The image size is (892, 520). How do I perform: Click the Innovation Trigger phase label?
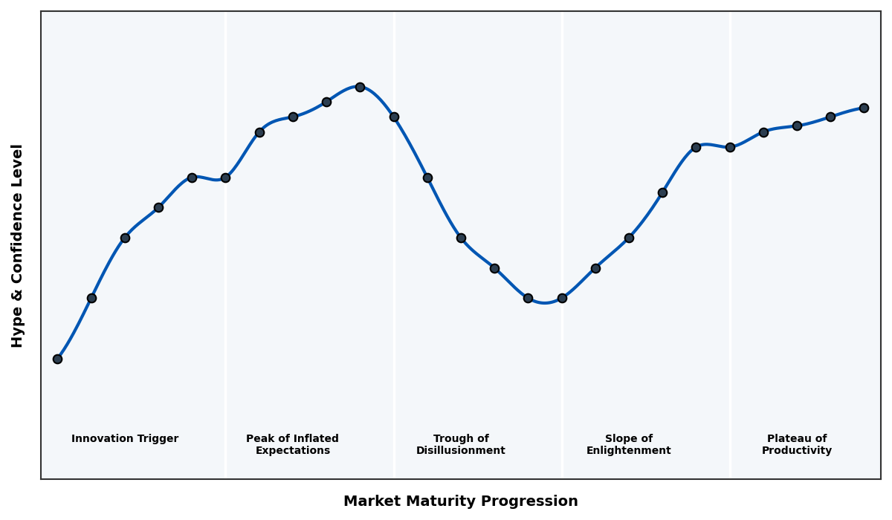pyautogui.click(x=125, y=439)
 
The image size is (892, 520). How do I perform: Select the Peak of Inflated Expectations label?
pyautogui.click(x=292, y=444)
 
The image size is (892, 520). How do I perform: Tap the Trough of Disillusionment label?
pyautogui.click(x=460, y=444)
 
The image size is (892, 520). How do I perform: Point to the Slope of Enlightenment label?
pyautogui.click(x=628, y=444)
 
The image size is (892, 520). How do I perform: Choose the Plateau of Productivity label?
pyautogui.click(x=796, y=444)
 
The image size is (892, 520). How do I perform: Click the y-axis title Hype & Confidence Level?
pyautogui.click(x=18, y=245)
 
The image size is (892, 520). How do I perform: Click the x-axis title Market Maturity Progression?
pyautogui.click(x=460, y=501)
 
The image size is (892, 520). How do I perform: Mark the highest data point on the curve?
pyautogui.click(x=360, y=87)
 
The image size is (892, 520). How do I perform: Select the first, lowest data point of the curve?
pyautogui.click(x=57, y=359)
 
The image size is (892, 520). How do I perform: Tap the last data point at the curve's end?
pyautogui.click(x=864, y=108)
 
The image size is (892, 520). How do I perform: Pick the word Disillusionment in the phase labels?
pyautogui.click(x=460, y=451)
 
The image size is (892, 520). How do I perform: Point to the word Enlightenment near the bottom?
pyautogui.click(x=628, y=451)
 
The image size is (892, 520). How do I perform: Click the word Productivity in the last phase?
pyautogui.click(x=796, y=451)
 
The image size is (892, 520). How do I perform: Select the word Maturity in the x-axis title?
pyautogui.click(x=448, y=501)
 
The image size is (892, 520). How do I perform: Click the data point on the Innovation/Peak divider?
pyautogui.click(x=225, y=178)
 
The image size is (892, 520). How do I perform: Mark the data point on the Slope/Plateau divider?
pyautogui.click(x=730, y=147)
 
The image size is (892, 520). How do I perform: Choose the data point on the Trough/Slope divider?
pyautogui.click(x=562, y=298)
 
